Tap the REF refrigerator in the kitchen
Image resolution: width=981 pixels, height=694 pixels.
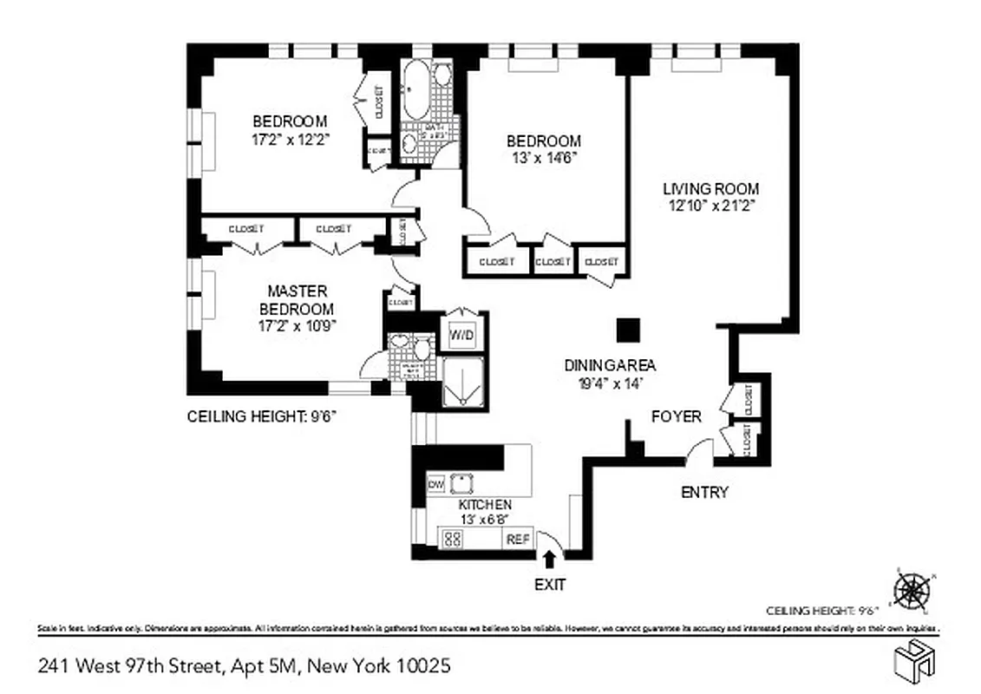click(517, 539)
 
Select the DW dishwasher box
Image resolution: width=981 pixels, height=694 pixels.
click(436, 483)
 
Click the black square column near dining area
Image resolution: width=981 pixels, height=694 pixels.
click(627, 330)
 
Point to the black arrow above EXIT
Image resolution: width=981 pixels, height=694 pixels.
click(549, 560)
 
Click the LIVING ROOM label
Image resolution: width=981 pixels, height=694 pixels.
click(710, 189)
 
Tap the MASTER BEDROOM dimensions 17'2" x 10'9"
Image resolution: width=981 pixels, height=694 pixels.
click(297, 326)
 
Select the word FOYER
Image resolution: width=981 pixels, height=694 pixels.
click(676, 417)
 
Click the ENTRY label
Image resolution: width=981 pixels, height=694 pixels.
click(703, 493)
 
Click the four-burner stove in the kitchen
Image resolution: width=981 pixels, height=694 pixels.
click(452, 539)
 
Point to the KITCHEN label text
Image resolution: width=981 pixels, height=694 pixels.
click(484, 505)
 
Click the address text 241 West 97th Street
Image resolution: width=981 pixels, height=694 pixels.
click(131, 666)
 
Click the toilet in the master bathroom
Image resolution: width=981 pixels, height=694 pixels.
click(423, 350)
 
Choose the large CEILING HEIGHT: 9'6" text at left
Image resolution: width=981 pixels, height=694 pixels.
click(261, 416)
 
